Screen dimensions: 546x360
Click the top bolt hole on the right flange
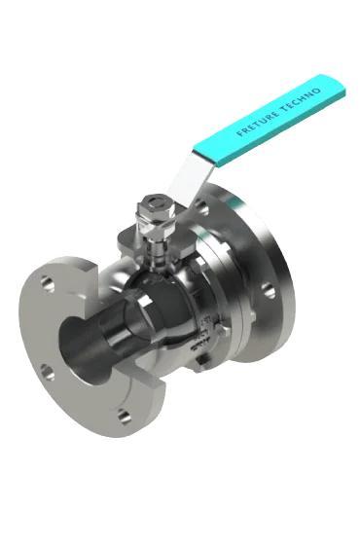tap(202, 207)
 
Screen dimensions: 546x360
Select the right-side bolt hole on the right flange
tap(269, 290)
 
